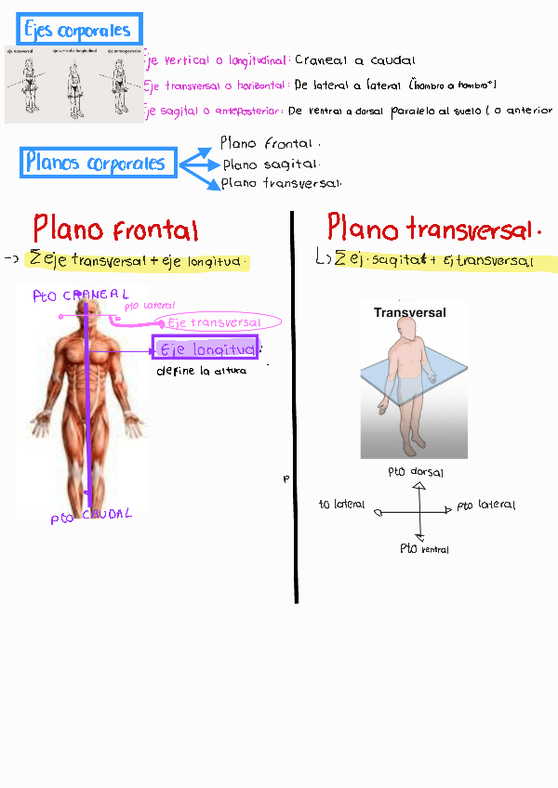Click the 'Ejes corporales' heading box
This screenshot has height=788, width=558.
coord(79,31)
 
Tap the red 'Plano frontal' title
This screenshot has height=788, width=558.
coord(115,230)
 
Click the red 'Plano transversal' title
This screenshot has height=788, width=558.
coord(433,229)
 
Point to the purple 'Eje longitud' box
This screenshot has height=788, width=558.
coord(206,349)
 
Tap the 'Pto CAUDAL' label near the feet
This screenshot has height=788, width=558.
coord(91,516)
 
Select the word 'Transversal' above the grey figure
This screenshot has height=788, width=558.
coord(409,313)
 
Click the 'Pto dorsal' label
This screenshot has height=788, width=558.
coord(415,472)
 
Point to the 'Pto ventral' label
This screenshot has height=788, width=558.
coord(424,549)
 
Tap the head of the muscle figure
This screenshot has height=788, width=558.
coord(86,317)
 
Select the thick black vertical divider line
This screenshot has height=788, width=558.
coord(295,409)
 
